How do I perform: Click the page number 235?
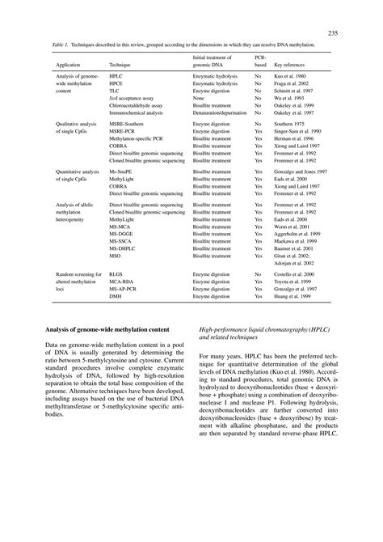coord(332,32)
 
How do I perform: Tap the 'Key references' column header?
coord(292,62)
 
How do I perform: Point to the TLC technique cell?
coord(114,90)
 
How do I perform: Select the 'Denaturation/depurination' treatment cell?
coord(221,113)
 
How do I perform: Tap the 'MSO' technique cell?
coord(115,252)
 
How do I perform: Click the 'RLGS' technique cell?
coord(116,274)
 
